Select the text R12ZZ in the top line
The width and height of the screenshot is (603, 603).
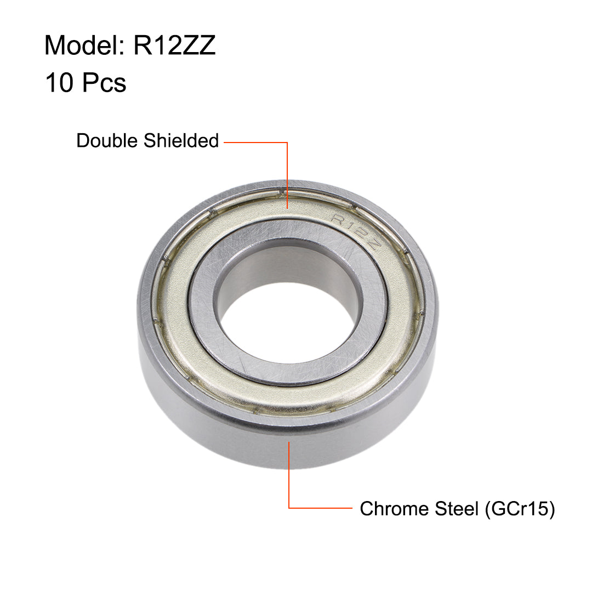click(x=174, y=45)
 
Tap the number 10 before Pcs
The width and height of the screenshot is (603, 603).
click(x=59, y=83)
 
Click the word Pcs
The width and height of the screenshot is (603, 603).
click(x=104, y=83)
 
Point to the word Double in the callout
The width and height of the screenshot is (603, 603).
click(x=107, y=141)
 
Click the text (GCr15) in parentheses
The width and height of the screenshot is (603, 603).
click(x=519, y=509)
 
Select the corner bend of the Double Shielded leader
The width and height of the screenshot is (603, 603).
click(x=287, y=143)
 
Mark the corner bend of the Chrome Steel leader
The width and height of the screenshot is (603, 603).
click(x=289, y=508)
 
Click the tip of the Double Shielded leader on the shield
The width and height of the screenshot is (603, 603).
click(x=287, y=208)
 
